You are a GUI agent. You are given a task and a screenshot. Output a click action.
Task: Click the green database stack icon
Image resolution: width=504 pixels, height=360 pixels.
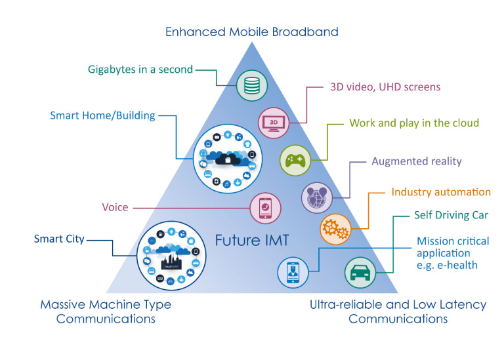point(252,85)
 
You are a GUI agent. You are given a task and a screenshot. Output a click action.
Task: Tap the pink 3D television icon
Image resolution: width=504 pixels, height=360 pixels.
point(274,123)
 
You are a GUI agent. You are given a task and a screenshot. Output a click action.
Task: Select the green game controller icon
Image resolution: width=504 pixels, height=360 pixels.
point(295,160)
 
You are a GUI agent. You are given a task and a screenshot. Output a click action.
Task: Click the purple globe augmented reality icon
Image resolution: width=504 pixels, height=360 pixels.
point(317,197)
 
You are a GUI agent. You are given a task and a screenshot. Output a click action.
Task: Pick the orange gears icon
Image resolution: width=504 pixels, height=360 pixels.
point(335,229)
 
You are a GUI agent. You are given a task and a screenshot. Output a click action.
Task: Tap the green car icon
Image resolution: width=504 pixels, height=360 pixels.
point(360,272)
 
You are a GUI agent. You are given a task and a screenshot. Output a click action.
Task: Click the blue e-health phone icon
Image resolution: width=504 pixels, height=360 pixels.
point(293,272)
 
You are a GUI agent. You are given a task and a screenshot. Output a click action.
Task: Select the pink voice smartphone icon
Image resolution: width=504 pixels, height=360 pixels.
point(266,208)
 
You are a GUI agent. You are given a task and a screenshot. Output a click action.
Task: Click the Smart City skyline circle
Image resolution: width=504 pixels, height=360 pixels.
point(171,256)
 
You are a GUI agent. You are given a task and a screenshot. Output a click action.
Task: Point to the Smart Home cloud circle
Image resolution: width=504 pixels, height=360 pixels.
point(228,159)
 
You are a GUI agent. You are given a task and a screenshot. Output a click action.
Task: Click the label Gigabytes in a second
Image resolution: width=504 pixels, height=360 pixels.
point(140,70)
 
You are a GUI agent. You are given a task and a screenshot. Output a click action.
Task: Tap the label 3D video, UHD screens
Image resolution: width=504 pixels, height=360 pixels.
point(385,87)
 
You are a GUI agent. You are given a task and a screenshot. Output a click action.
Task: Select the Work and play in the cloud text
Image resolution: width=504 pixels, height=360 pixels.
point(414,123)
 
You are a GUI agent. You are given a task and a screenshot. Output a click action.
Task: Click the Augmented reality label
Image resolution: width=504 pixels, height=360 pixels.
point(417,161)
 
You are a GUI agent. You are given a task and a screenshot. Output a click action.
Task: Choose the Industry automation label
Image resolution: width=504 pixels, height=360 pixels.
point(441,192)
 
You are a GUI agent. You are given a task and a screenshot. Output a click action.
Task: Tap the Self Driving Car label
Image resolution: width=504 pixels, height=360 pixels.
point(451,215)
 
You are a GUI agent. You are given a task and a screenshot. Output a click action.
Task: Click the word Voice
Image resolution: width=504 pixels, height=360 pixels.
point(115,207)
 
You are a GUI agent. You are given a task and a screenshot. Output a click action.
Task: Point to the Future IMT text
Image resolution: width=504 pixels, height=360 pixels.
point(252,240)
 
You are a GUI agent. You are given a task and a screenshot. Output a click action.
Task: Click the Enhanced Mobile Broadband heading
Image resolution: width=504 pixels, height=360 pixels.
point(252,31)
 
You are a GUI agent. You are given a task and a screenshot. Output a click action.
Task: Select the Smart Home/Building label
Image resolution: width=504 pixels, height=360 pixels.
point(102,115)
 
